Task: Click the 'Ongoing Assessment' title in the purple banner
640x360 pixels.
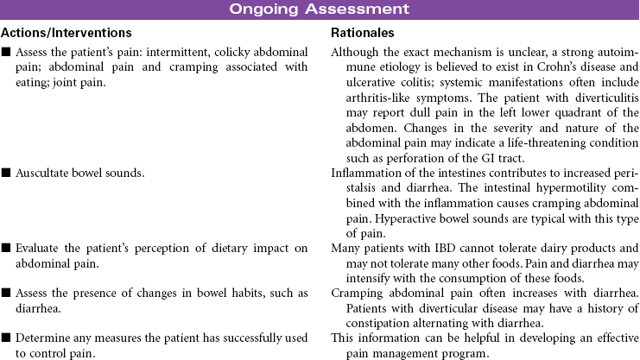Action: point(319,9)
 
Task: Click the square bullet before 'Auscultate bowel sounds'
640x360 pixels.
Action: point(6,173)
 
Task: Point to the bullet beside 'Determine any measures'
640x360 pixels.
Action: point(6,338)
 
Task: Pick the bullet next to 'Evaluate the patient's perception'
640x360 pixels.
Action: point(6,249)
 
